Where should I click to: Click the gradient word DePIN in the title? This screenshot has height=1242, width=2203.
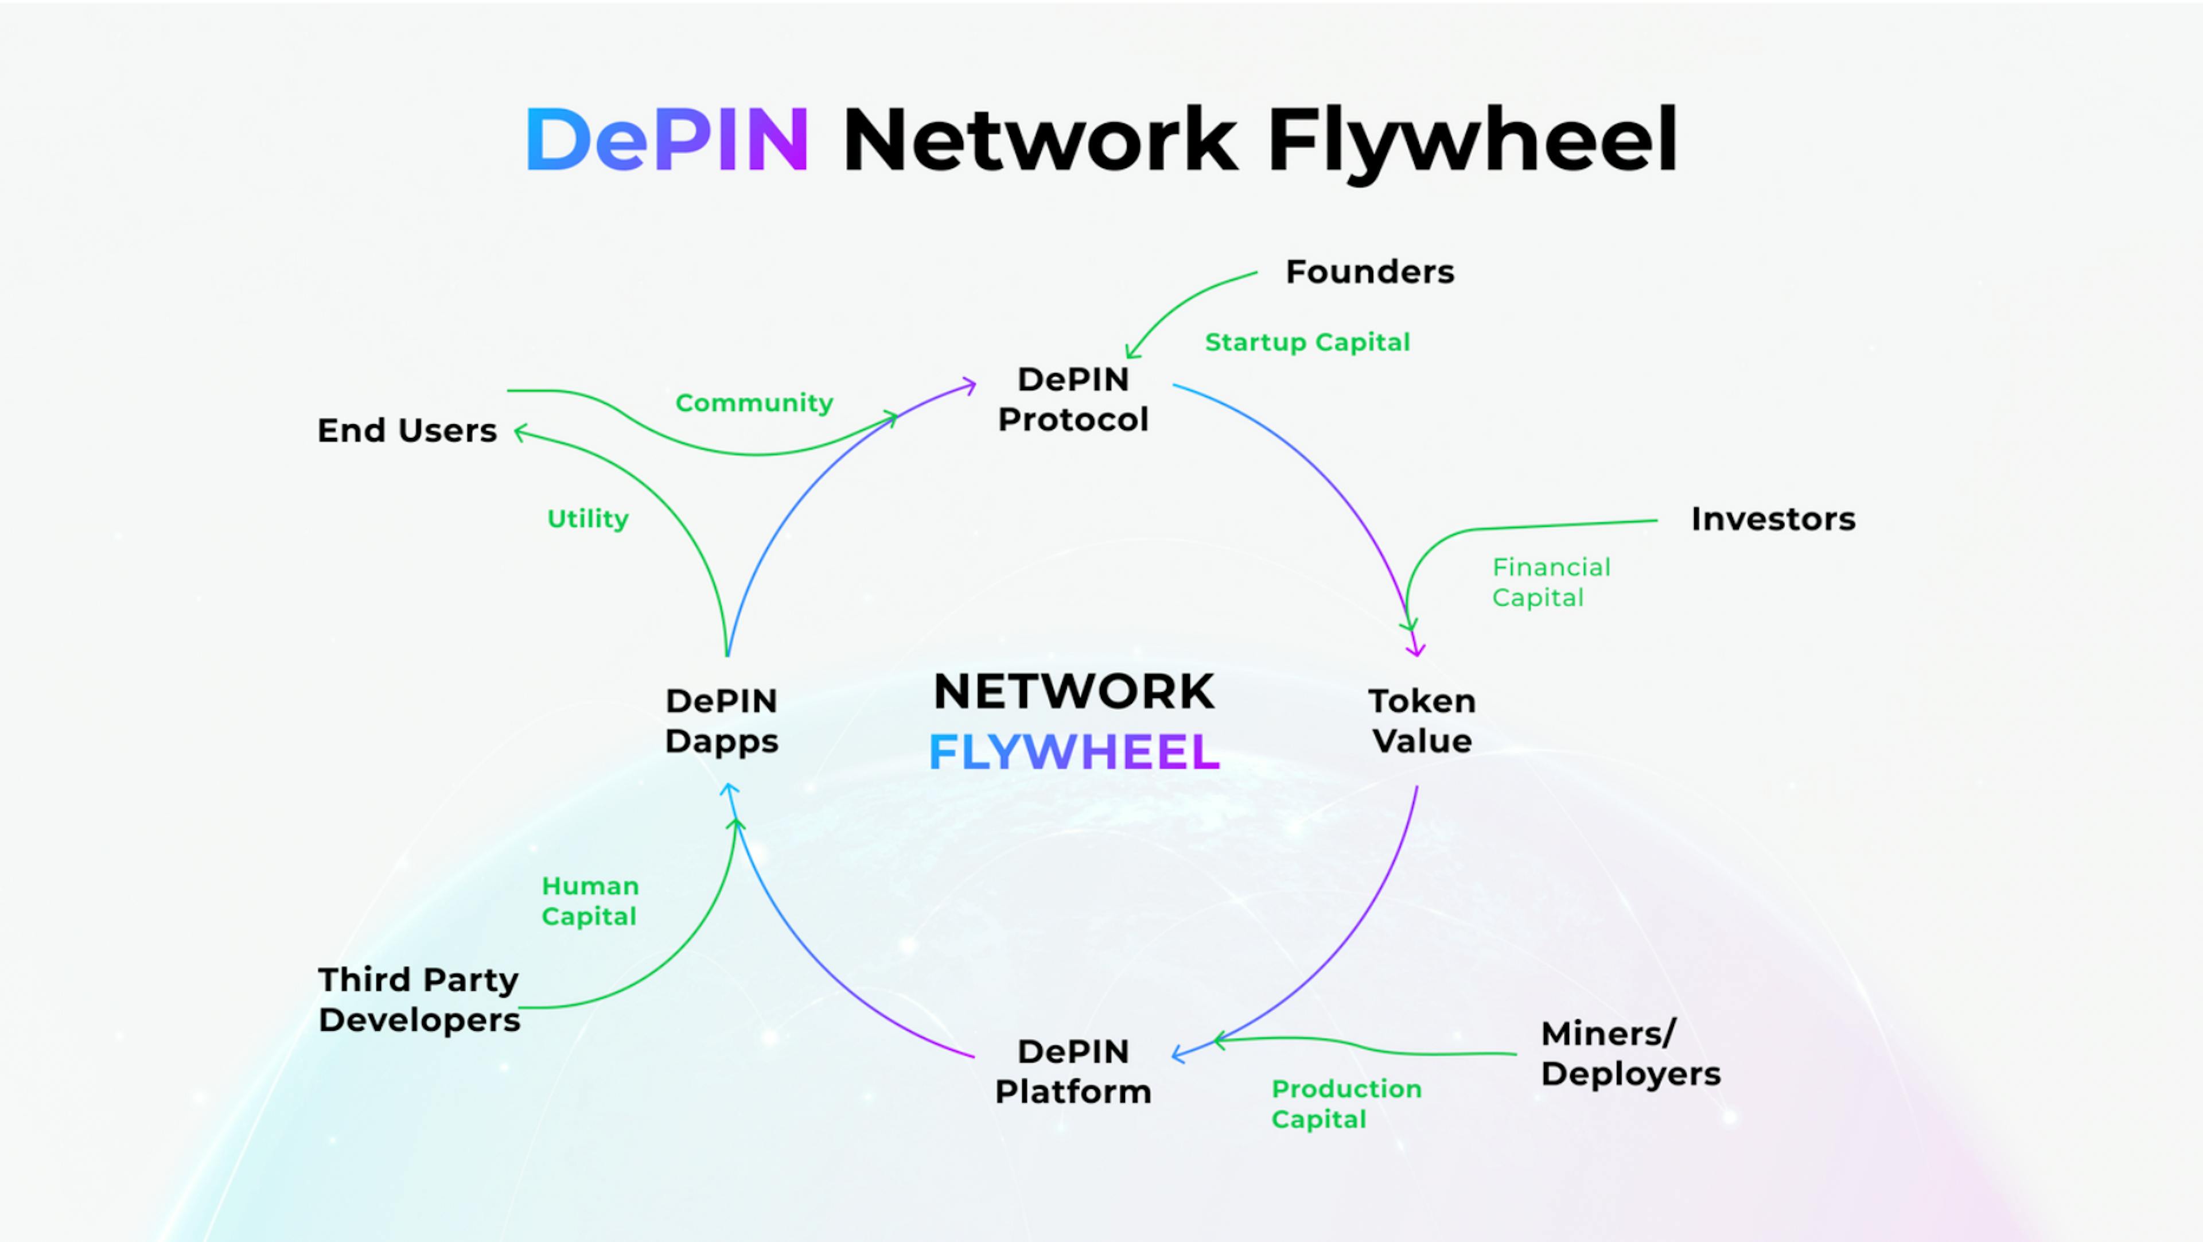click(x=667, y=139)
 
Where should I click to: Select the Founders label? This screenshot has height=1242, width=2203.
click(x=1369, y=272)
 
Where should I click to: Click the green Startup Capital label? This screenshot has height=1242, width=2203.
click(x=1307, y=342)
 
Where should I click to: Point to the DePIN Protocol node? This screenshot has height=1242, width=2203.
click(x=1073, y=399)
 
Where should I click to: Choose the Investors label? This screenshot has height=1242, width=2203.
click(x=1773, y=519)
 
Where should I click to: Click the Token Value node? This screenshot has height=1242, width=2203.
click(x=1422, y=721)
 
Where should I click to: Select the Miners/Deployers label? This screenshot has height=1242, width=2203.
click(x=1629, y=1054)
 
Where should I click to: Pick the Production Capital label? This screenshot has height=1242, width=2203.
click(x=1345, y=1104)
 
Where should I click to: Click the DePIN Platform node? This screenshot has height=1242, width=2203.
click(x=1073, y=1072)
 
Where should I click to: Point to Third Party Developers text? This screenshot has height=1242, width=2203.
click(x=419, y=1000)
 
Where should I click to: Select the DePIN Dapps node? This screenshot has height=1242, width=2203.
click(x=722, y=721)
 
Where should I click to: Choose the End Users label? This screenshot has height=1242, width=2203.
click(x=407, y=430)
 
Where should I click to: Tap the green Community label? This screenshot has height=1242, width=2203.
click(x=753, y=403)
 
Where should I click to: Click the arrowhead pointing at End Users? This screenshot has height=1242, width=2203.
click(x=519, y=433)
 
